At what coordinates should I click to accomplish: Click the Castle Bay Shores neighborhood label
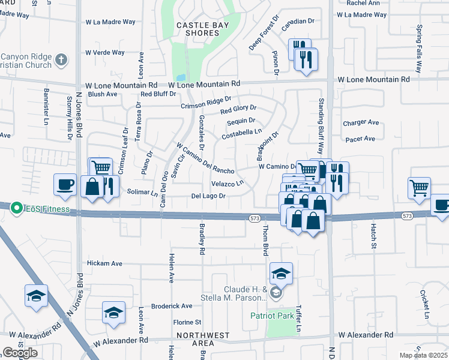click(197, 29)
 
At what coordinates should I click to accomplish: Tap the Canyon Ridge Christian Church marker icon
click(61, 59)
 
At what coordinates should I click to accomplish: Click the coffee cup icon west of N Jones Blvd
click(65, 184)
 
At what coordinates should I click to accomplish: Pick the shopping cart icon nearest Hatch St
click(419, 187)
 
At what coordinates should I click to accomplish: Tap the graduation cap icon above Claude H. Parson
click(281, 274)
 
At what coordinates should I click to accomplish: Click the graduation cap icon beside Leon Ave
click(113, 313)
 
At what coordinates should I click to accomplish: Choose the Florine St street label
click(187, 322)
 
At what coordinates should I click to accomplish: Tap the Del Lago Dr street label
click(208, 196)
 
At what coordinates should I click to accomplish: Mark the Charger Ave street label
click(361, 122)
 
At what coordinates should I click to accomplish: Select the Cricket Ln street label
click(424, 304)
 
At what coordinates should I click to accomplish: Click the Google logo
click(20, 353)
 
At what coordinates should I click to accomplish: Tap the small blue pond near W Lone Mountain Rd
click(179, 77)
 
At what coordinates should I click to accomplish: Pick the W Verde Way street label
click(105, 52)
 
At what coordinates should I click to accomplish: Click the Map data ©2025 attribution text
click(423, 355)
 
